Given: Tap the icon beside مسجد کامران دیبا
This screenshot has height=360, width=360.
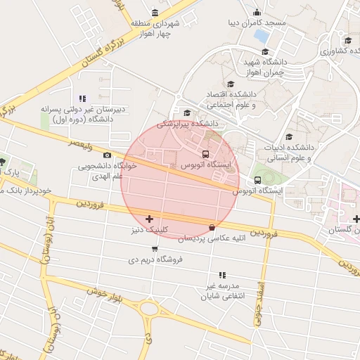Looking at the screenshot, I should click(x=257, y=12).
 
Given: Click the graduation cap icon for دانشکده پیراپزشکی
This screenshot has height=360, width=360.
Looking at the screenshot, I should click(x=187, y=112).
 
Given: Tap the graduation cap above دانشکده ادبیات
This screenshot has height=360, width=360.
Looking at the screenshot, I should click(x=289, y=137).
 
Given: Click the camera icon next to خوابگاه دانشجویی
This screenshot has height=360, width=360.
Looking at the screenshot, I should click(x=107, y=155).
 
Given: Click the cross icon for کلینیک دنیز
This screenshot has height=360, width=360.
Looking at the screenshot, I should click(x=149, y=219).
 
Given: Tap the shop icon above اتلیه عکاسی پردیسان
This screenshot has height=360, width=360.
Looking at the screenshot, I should click(x=212, y=227).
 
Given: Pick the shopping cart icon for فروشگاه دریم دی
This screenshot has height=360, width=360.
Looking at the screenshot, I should click(x=155, y=248).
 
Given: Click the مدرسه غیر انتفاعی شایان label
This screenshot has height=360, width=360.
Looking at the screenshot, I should click(x=222, y=291).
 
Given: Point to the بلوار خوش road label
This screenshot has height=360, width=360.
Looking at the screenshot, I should click(x=105, y=295).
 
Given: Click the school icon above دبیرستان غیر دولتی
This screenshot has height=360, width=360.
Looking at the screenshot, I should click(x=82, y=99).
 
